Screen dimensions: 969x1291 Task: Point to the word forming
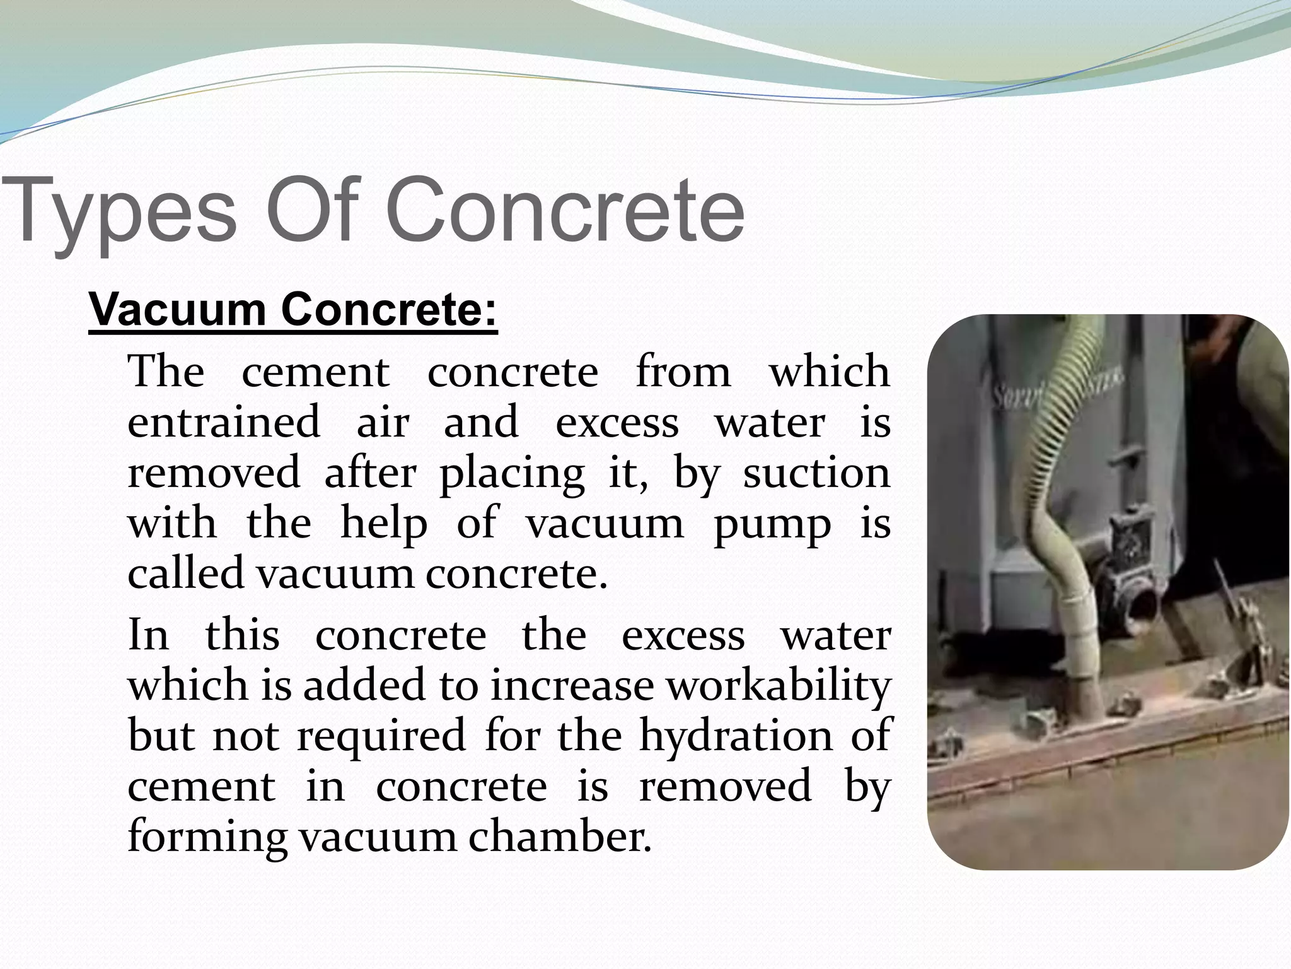point(207,838)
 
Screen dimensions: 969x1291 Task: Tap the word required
point(381,737)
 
